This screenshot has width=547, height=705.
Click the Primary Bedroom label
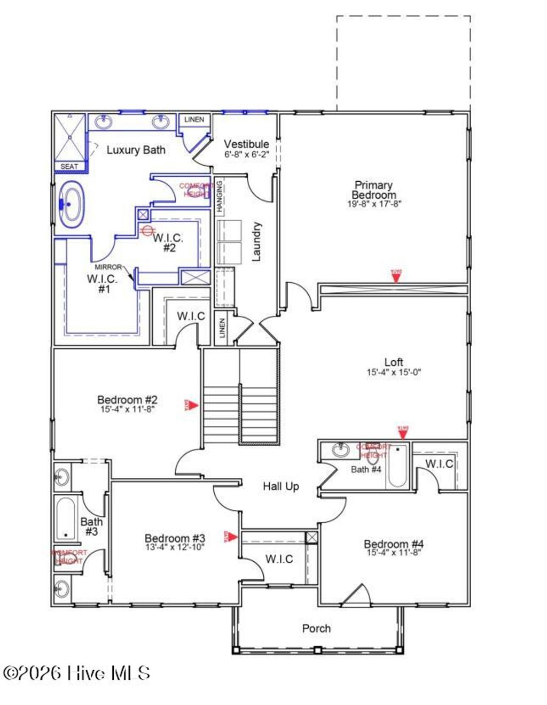(373, 190)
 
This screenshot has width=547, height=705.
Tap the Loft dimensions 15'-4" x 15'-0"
(394, 373)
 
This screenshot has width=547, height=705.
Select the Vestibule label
(246, 144)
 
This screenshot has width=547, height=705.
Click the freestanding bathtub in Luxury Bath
(72, 204)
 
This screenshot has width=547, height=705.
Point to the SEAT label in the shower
(69, 167)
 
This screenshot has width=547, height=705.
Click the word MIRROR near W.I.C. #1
(108, 267)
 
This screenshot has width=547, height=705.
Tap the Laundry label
(256, 242)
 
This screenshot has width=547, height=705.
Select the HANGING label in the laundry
(220, 197)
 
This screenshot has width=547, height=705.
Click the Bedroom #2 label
(127, 400)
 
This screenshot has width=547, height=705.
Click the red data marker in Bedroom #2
(192, 406)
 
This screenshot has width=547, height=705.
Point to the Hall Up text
(280, 486)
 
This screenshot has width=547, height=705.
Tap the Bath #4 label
(366, 470)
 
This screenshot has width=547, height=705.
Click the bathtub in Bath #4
(397, 466)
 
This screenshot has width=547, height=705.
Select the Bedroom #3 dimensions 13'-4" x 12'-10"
(175, 547)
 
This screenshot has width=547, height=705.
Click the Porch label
(316, 629)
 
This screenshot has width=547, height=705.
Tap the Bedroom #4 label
(394, 544)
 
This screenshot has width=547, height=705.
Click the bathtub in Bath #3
(66, 518)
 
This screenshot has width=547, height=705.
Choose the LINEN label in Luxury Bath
(194, 119)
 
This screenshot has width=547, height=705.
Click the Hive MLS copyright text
(76, 673)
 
